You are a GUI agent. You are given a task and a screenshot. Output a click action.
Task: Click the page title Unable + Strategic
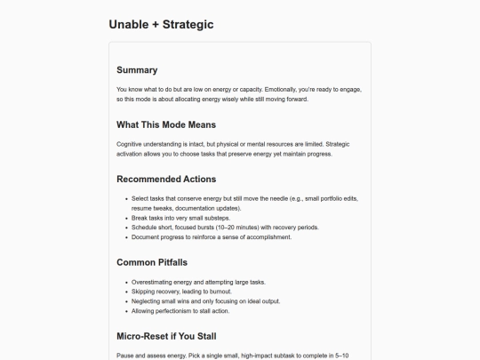click(x=161, y=24)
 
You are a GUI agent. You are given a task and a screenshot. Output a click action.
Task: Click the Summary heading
click(x=137, y=70)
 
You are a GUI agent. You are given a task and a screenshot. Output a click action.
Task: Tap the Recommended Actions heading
click(x=166, y=179)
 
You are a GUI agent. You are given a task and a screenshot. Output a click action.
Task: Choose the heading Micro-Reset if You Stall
click(x=166, y=336)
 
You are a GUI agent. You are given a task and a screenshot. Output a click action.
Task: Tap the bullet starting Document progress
click(x=212, y=237)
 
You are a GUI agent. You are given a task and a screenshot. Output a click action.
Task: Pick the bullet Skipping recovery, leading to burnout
click(x=182, y=292)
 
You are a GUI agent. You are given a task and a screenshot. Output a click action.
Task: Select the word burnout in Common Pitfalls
click(x=219, y=292)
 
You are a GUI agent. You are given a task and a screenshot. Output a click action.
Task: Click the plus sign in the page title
click(x=156, y=25)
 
